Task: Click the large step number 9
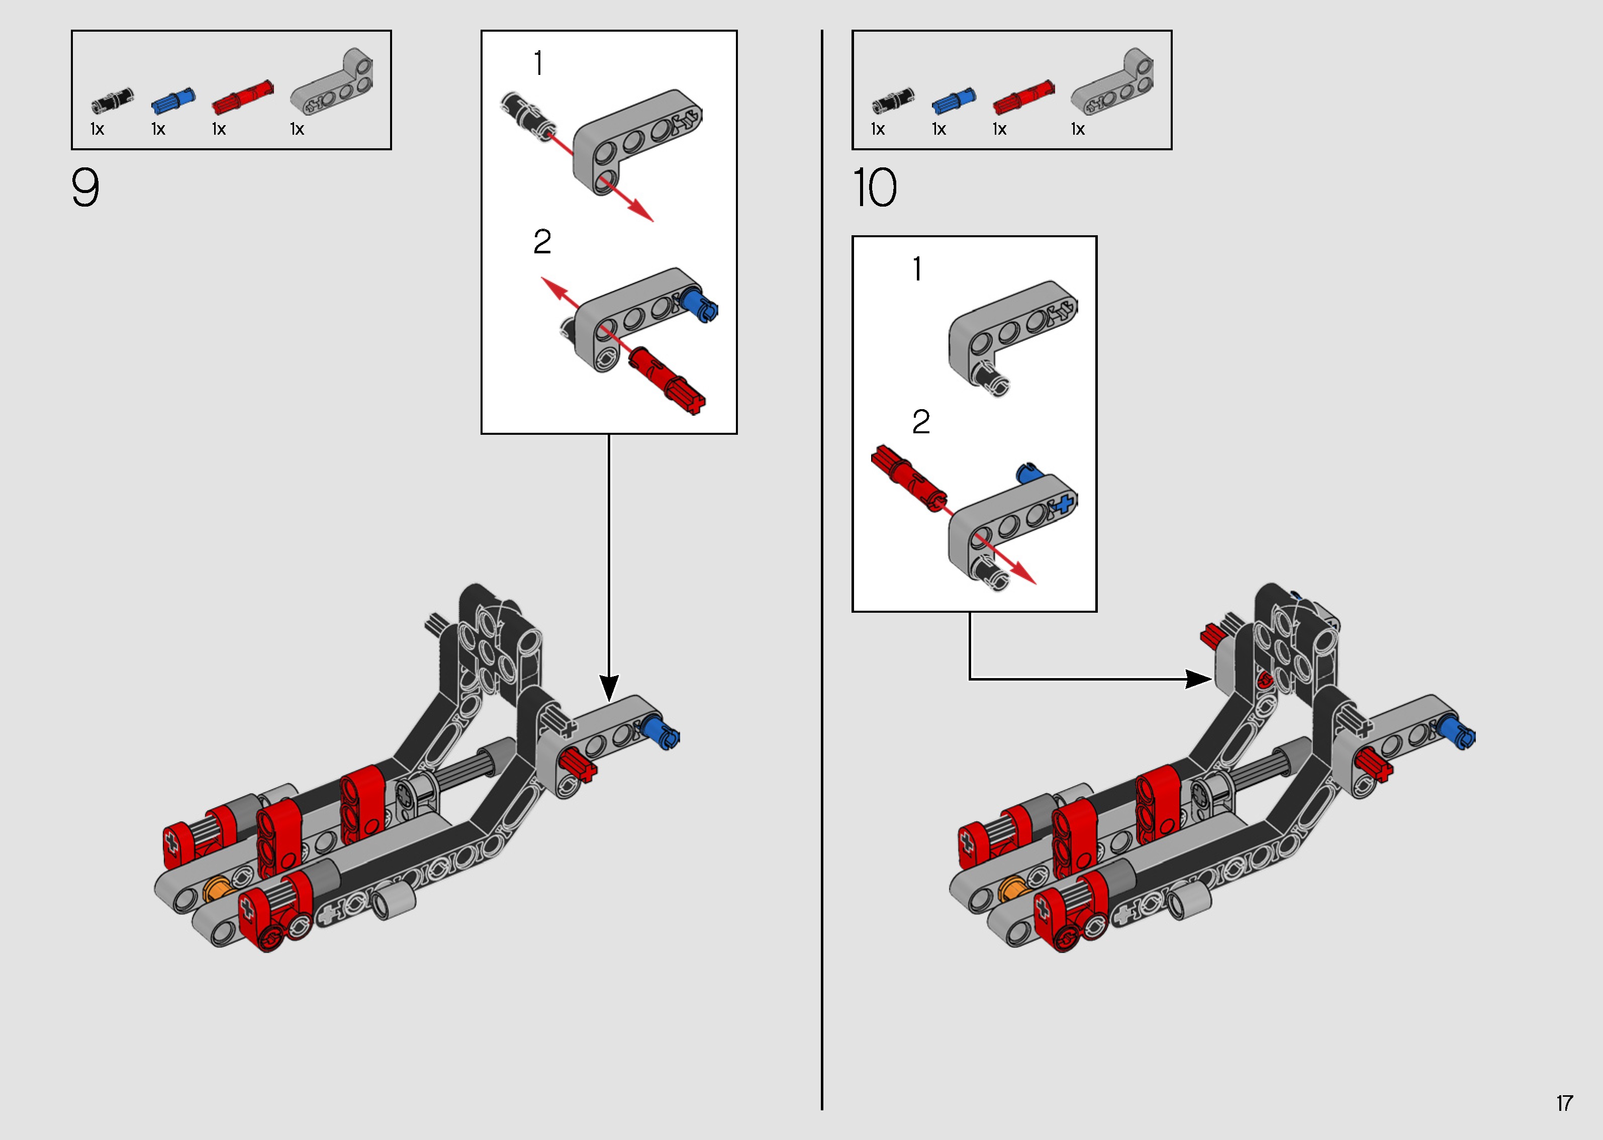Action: pyautogui.click(x=85, y=187)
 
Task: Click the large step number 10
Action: pyautogui.click(x=875, y=187)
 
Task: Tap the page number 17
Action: pyautogui.click(x=1564, y=1103)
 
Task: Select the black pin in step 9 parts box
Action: pyautogui.click(x=112, y=101)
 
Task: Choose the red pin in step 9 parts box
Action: pyautogui.click(x=243, y=97)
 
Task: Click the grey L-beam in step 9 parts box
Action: pyautogui.click(x=332, y=81)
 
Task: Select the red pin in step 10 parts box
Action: pyautogui.click(x=1023, y=97)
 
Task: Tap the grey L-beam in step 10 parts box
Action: pyautogui.click(x=1112, y=81)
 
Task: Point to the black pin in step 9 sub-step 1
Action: pyautogui.click(x=528, y=115)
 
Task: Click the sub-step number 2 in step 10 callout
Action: pyautogui.click(x=921, y=422)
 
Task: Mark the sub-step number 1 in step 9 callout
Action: pyautogui.click(x=538, y=63)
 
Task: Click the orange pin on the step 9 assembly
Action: pyautogui.click(x=218, y=890)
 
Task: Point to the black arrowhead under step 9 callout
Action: pyautogui.click(x=609, y=687)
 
